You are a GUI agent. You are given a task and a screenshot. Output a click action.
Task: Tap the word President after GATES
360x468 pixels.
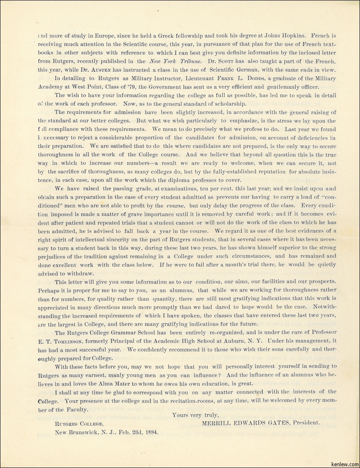304,422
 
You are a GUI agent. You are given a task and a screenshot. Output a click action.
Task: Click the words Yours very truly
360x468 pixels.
195,415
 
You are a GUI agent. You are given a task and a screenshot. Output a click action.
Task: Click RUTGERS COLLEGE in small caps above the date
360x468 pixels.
79,423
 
